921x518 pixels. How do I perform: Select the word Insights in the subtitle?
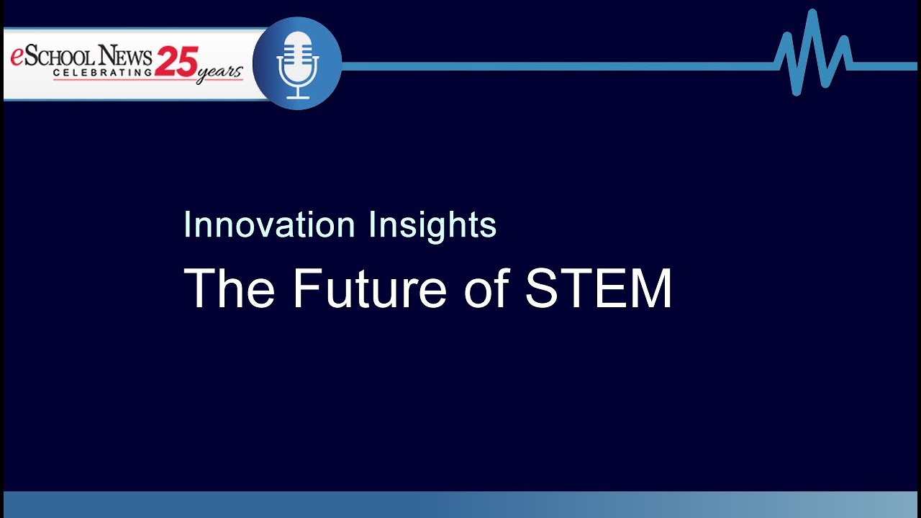click(432, 226)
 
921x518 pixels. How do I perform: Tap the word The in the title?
click(229, 288)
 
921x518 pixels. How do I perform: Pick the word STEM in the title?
click(599, 288)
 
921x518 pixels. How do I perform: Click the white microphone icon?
click(297, 63)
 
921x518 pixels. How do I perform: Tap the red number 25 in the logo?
click(176, 62)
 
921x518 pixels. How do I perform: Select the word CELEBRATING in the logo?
click(102, 73)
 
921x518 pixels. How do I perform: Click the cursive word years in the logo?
click(219, 72)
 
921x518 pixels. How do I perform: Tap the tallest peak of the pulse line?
click(812, 13)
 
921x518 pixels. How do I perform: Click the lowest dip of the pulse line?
click(797, 92)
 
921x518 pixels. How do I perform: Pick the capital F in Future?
click(306, 288)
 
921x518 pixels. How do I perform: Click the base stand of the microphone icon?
click(297, 96)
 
